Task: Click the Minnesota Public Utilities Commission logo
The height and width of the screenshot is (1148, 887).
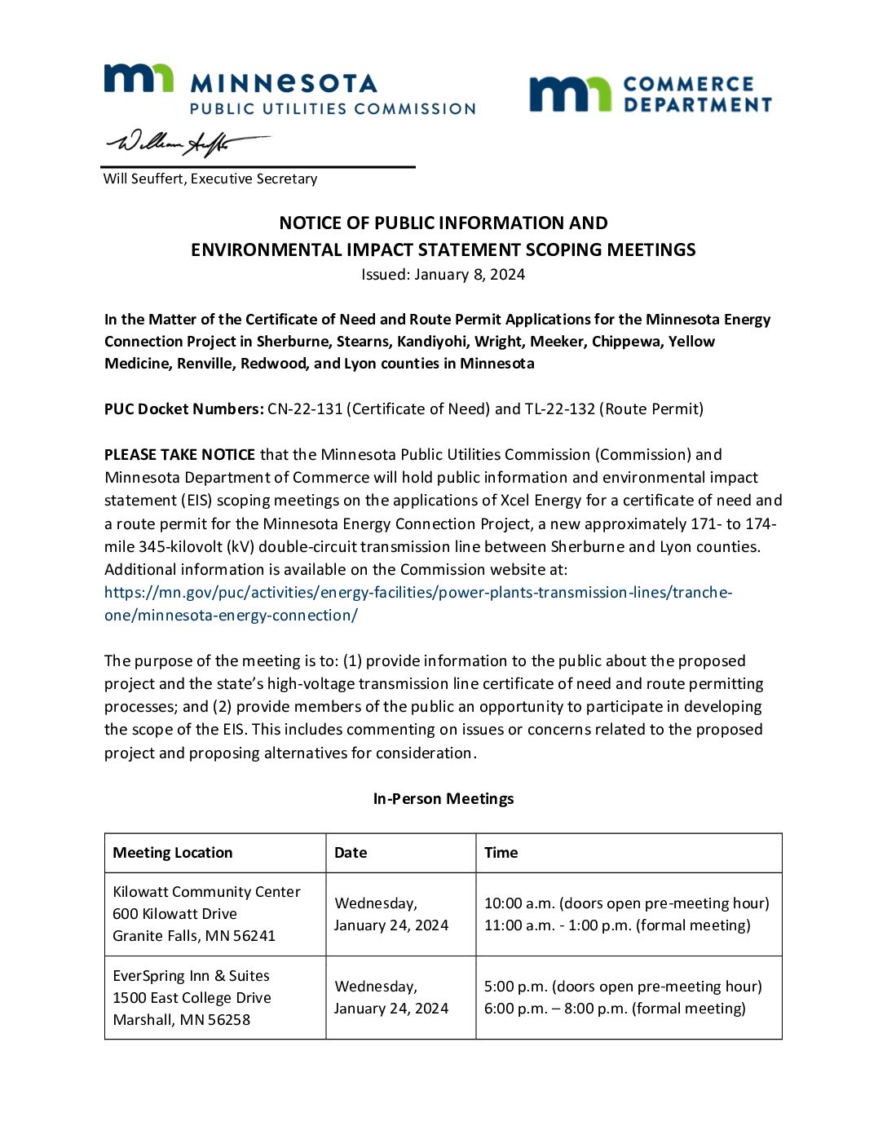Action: pos(289,89)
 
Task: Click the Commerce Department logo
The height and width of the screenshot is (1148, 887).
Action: pos(650,94)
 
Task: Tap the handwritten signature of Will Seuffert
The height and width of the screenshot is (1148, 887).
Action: pos(186,143)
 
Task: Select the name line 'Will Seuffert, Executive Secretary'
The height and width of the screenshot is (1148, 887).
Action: pos(210,179)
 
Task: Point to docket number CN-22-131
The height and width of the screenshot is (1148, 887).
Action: pos(305,408)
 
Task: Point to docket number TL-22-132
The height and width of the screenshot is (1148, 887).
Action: pos(560,408)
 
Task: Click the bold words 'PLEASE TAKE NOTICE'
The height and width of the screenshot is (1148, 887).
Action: pos(179,454)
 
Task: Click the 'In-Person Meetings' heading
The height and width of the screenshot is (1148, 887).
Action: pos(443,798)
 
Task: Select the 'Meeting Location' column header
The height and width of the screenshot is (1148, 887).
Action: pos(173,853)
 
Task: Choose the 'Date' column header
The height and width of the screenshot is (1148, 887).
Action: pos(351,853)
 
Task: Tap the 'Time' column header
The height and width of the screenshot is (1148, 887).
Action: pos(501,853)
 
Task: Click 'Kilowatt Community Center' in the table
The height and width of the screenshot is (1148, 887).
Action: pos(206,892)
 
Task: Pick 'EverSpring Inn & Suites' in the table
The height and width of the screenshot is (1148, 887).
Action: pos(191,976)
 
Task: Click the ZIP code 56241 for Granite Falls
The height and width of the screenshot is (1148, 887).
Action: pos(254,936)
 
